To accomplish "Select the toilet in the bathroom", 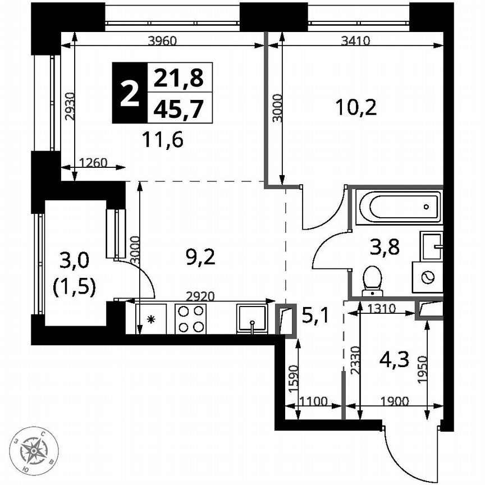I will (x=372, y=280).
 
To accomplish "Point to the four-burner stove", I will (x=190, y=318).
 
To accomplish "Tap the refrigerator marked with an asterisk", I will (x=150, y=319).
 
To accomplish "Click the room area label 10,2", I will (x=355, y=106).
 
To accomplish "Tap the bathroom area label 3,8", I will (x=384, y=246).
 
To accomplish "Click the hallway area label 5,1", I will (x=315, y=317).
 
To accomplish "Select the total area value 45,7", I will (x=180, y=107).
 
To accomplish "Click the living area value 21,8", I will (x=180, y=77).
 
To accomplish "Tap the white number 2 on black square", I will (x=129, y=93).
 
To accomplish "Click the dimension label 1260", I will (x=93, y=163).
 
